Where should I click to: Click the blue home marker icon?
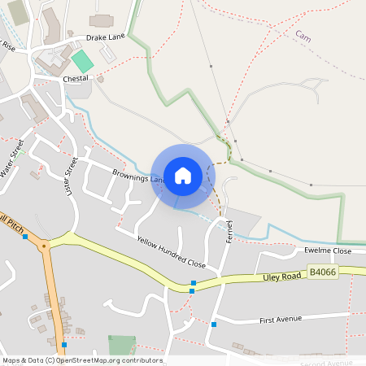tap(183, 176)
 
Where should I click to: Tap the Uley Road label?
tap(282, 277)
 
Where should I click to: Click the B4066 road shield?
tap(323, 273)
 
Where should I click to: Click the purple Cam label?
tap(303, 37)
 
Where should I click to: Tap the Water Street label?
tap(14, 157)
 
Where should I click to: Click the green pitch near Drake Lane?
tap(82, 60)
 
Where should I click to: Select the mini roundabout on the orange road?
tap(44, 243)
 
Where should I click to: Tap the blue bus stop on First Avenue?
tap(214, 324)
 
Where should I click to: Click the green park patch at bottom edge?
tap(122, 345)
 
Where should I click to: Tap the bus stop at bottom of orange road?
tap(63, 345)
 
